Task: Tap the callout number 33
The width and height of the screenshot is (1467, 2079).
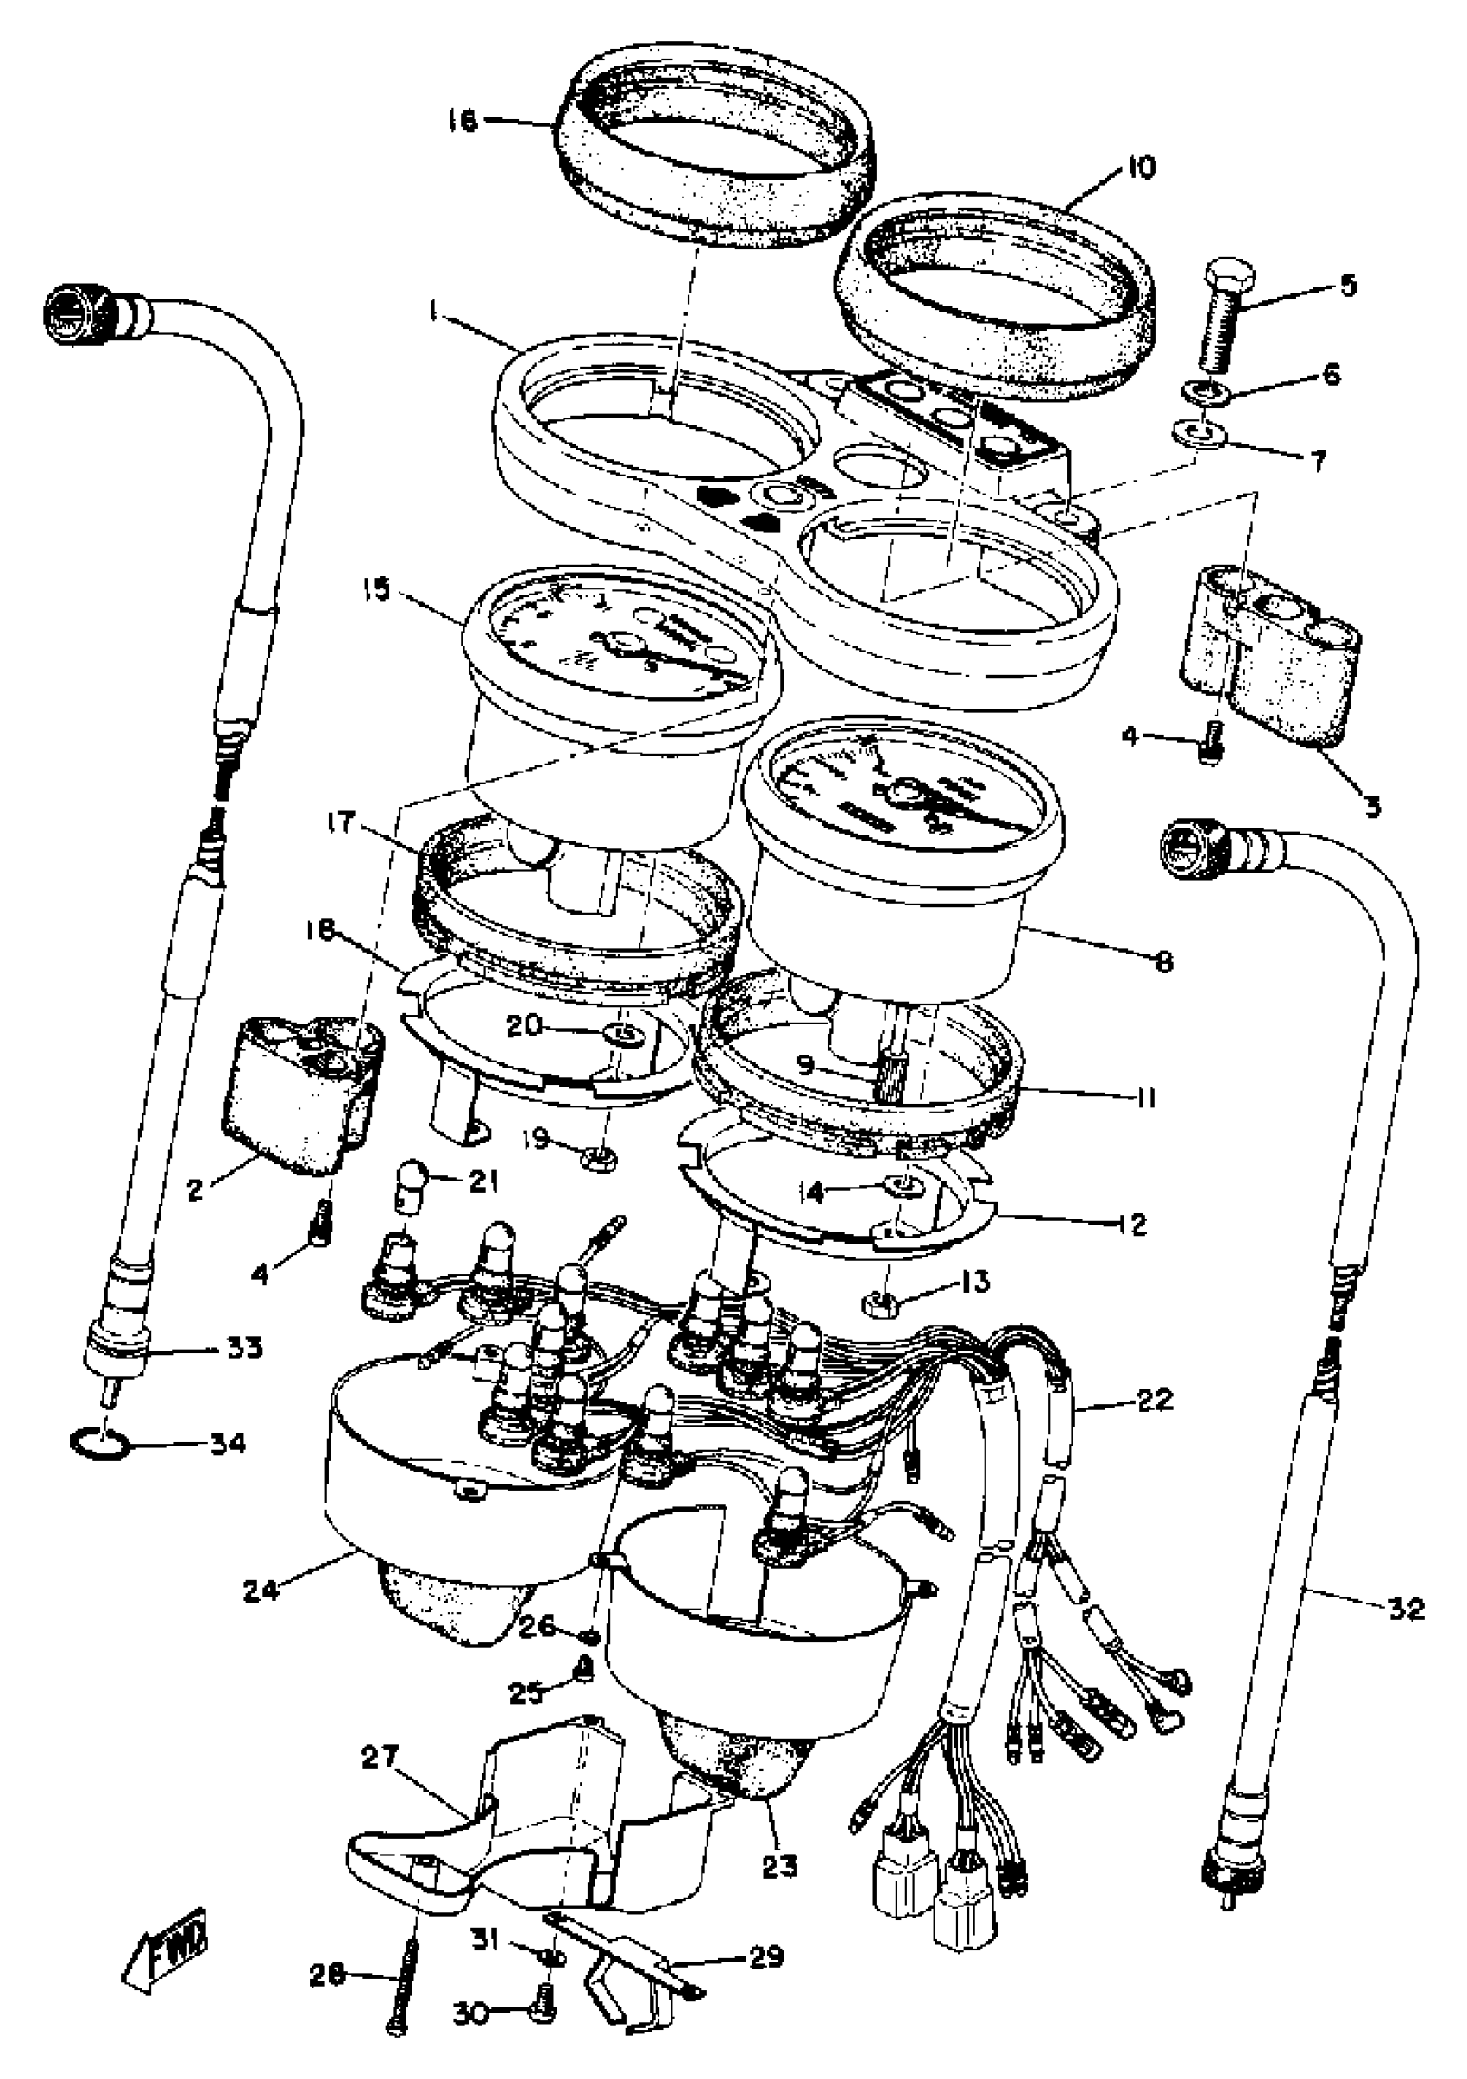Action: tap(242, 1374)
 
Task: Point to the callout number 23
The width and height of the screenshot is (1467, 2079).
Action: tap(780, 1867)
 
